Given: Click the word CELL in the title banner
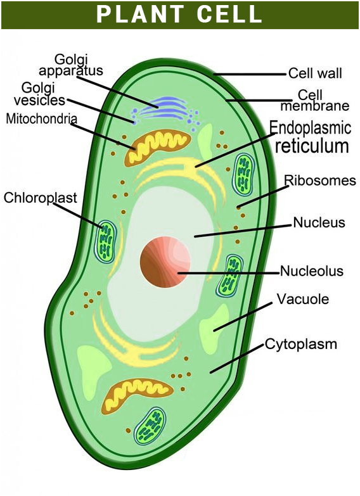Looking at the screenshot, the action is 229,14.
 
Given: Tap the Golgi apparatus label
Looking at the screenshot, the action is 71,65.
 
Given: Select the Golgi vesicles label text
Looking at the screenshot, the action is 39,94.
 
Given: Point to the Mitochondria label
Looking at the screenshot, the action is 41,118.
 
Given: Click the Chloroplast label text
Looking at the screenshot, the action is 40,198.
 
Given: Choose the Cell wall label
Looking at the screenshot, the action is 315,73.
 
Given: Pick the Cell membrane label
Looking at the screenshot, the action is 315,100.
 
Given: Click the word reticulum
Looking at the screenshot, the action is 312,146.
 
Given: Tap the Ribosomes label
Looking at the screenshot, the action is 320,181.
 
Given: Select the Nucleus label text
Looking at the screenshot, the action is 319,222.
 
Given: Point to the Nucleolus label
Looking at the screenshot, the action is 312,271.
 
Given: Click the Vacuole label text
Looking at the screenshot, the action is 303,299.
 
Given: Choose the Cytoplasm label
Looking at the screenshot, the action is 301,344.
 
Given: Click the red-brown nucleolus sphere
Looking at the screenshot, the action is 165,262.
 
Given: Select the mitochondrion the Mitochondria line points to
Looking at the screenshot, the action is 157,148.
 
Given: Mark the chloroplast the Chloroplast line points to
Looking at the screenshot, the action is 106,241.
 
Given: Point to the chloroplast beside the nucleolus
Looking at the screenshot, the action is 230,276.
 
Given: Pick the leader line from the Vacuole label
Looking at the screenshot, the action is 243,317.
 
